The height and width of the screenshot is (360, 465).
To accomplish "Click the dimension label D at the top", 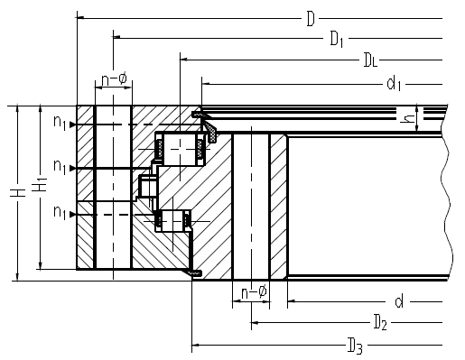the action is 311,19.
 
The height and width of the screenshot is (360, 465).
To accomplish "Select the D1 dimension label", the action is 337,40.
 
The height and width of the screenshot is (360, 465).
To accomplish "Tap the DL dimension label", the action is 370,60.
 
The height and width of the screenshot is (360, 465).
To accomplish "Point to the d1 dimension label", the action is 394,83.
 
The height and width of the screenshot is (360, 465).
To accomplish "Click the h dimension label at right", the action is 407,119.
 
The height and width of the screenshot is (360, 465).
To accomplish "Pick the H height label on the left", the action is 18,193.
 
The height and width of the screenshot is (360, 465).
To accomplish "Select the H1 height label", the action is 40,184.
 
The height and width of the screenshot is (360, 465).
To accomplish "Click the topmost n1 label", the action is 60,123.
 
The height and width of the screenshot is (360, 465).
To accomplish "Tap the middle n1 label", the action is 60,166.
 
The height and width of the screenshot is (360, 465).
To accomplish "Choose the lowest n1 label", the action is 60,212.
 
